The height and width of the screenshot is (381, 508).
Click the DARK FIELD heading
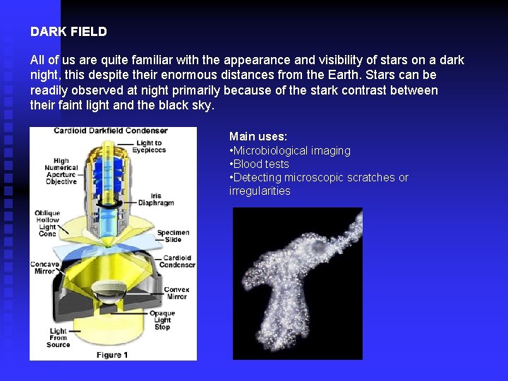[68, 32]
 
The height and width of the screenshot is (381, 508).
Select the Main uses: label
[258, 136]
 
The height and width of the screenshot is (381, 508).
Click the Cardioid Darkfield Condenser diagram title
[111, 131]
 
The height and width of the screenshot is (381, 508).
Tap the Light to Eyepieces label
[149, 147]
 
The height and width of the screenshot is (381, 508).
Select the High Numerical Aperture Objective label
[61, 171]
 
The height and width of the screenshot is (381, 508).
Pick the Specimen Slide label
[173, 236]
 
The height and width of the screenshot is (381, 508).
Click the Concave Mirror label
[44, 268]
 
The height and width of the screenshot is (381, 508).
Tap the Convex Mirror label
[176, 294]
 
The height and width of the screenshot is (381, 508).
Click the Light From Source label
[58, 337]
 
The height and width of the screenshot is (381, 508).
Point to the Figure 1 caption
[112, 354]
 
